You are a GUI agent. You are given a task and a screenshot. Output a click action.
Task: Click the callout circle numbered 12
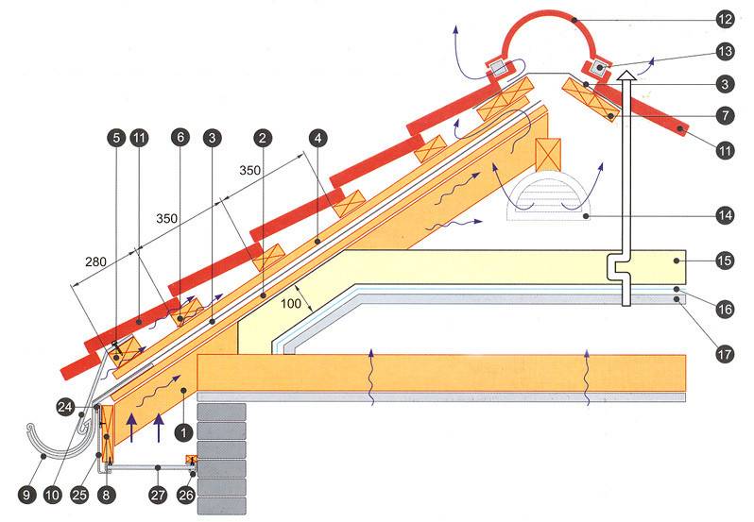point(725,19)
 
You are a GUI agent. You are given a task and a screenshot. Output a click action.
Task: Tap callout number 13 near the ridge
point(725,52)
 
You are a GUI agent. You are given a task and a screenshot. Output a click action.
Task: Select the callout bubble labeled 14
point(725,215)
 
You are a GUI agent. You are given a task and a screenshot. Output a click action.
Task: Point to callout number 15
point(725,257)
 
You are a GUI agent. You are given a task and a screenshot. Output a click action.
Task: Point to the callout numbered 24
point(65,408)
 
